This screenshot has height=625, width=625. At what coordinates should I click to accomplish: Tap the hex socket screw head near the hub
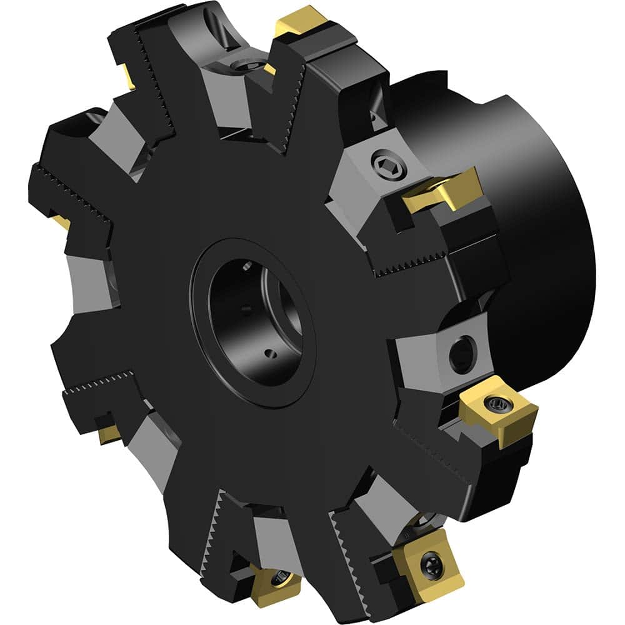click(382, 164)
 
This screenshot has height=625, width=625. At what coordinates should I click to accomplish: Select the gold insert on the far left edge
click(61, 221)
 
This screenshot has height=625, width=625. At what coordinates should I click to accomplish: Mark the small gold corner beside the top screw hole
click(269, 69)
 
